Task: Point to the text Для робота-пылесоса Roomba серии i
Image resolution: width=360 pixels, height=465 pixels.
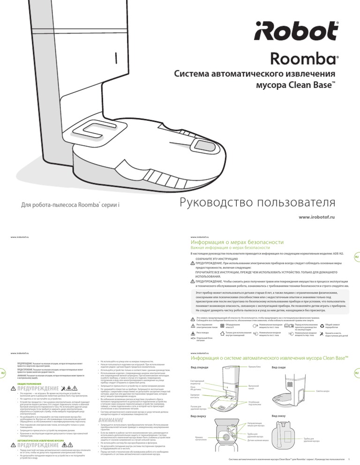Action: [71, 205]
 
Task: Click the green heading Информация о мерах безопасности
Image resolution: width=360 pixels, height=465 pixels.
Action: [237, 242]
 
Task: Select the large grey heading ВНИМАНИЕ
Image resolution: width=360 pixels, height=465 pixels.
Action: [111, 407]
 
